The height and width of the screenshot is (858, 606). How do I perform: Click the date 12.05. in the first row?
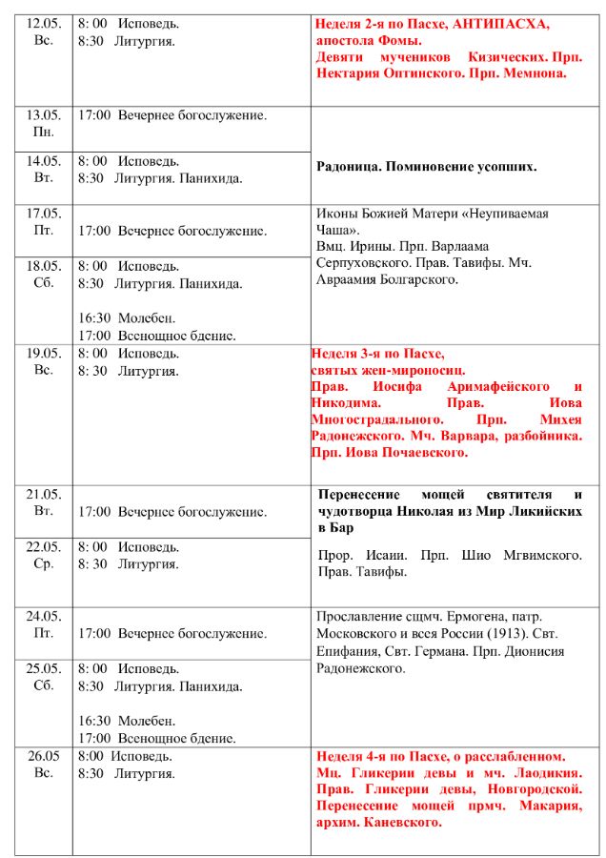coord(44,23)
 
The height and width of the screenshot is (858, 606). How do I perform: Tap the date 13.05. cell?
coord(44,115)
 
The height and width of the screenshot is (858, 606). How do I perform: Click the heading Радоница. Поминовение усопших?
coord(427,166)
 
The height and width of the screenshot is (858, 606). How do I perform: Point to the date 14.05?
coord(44,161)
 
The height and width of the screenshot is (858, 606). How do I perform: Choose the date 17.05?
coord(44,214)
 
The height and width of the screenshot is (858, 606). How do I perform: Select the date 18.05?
coord(44,266)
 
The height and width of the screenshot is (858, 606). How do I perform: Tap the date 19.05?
coord(44,353)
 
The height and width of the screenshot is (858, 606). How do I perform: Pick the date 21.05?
coord(44,494)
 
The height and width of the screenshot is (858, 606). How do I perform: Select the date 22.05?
coord(44,546)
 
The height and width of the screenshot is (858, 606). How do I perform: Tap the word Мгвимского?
coord(536,555)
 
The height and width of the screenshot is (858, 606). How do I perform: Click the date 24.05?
coord(44,616)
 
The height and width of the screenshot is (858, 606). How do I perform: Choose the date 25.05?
coord(44,668)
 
